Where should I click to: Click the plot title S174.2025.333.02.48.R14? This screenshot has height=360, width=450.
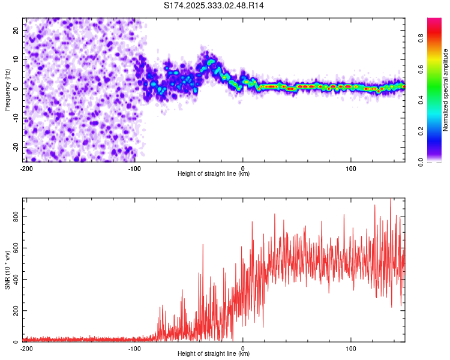coord(214,5)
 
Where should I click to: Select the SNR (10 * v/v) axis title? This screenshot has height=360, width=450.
coord(7,270)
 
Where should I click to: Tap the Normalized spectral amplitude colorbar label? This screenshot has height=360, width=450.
coord(446,90)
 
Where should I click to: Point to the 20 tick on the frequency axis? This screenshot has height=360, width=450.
coord(16,30)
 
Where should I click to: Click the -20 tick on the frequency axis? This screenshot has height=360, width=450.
coord(16,147)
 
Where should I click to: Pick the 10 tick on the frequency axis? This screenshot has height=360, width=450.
coord(16,59)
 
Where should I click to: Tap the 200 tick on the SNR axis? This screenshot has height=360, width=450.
coord(16,310)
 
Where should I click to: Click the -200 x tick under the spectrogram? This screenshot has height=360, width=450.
coord(26,168)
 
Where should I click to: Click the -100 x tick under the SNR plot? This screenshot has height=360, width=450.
coord(134,348)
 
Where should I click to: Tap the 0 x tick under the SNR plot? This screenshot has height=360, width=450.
coord(242,348)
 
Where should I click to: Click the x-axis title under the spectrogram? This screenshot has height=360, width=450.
coord(214,174)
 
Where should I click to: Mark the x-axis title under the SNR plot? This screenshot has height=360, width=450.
coord(214,354)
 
